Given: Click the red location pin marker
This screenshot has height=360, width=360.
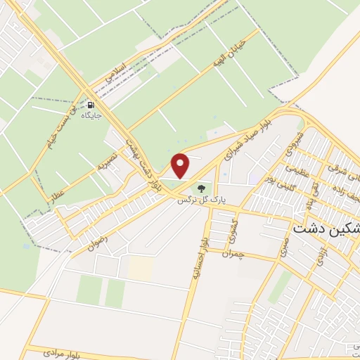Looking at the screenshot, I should pyautogui.click(x=181, y=166).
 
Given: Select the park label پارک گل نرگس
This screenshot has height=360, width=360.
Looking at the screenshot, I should pyautogui.click(x=203, y=200).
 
